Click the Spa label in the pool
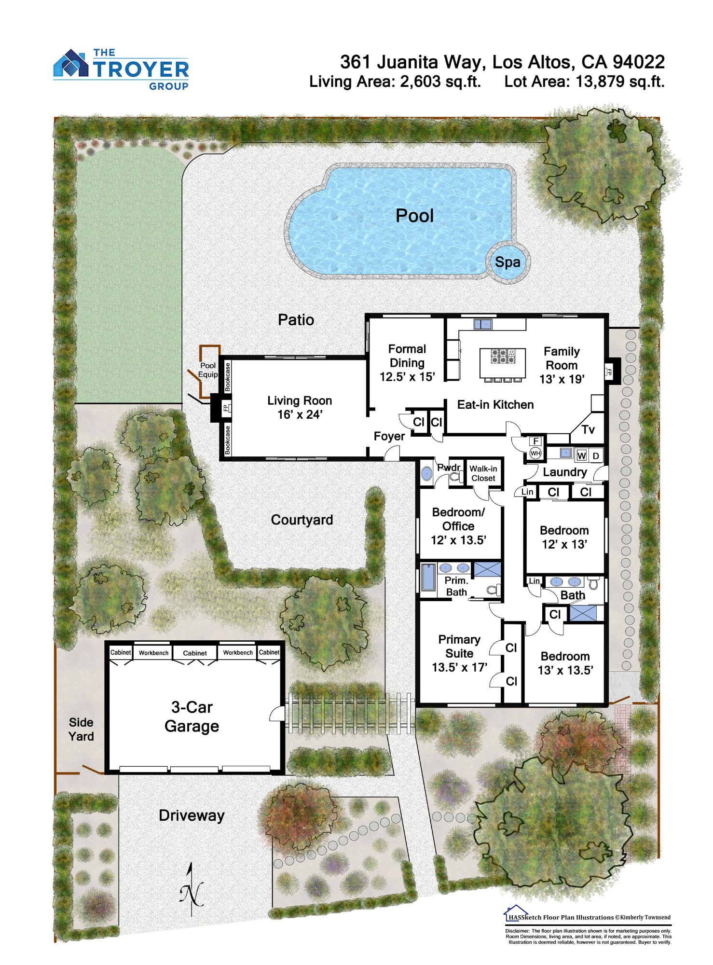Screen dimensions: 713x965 pos(507,262)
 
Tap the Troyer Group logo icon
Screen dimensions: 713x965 pos(71,63)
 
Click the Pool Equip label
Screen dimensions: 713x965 pos(208,370)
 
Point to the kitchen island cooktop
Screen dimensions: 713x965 pos(503,356)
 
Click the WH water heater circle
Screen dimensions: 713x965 pos(535,453)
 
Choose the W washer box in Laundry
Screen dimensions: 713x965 pos(581,455)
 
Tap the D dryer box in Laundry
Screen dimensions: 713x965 pos(596,456)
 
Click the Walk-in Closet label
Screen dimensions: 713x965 pos(483,473)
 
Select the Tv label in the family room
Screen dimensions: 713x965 pos(588,429)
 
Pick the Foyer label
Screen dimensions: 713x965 pos(389,436)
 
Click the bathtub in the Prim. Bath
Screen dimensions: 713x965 pos(428,578)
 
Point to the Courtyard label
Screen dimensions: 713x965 pos(302,520)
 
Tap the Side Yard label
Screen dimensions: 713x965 pos(81,729)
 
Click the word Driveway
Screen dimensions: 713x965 pos(192,815)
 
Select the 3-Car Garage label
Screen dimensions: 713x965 pos(192,717)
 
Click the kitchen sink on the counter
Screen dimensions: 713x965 pos(482,324)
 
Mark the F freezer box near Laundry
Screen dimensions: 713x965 pos(535,441)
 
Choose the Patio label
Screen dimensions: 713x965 pos(296,319)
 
